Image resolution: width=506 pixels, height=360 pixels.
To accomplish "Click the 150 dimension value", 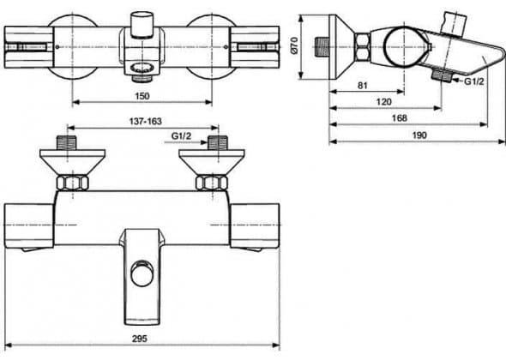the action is point(142,96).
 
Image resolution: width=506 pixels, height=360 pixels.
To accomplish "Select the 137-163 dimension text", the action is point(145,122).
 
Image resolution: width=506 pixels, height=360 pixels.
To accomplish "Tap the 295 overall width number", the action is point(140,339).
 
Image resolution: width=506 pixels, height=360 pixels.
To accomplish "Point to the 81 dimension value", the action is point(363,86).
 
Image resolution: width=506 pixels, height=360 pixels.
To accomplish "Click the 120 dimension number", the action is point(383,102).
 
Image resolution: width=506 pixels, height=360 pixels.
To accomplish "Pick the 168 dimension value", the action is point(399,118).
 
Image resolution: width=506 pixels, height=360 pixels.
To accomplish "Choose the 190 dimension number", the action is point(419,135).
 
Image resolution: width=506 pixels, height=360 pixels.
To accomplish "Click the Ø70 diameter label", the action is point(294,45).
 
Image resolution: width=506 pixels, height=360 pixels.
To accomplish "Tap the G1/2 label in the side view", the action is point(474,81).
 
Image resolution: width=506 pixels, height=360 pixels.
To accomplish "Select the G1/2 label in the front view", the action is point(181,136).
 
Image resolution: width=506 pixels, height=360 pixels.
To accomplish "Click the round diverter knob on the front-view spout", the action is point(142,273).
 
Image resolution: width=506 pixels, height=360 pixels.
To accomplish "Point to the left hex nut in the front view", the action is point(72,183).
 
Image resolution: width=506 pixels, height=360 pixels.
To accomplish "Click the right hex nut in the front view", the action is point(212,183).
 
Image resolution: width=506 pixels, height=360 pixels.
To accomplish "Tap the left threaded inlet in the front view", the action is point(67,143).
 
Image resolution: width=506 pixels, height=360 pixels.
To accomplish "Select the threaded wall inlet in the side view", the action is point(321,47).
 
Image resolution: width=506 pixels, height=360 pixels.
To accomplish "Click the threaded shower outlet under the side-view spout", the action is point(442,75).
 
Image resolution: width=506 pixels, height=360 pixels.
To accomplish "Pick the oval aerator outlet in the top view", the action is point(142,68).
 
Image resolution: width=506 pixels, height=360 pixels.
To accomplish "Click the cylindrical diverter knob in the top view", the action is point(142,25).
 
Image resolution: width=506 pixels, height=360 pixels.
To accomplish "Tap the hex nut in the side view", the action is point(362,47).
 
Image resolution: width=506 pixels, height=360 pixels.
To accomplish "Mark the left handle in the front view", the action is point(28,225).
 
